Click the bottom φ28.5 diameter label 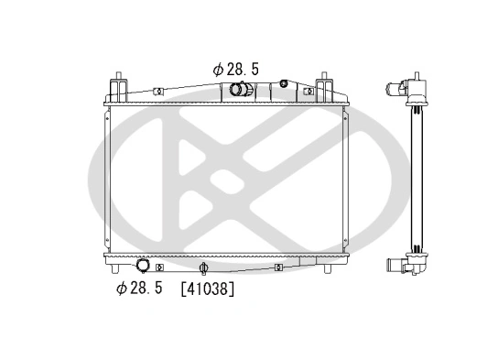pyautogui.click(x=139, y=289)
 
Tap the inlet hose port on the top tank pyautogui.click(x=241, y=90)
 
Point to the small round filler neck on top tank pyautogui.click(x=284, y=85)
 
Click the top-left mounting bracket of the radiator pyautogui.click(x=119, y=88)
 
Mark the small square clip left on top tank pyautogui.click(x=157, y=92)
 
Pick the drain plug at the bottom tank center pyautogui.click(x=204, y=268)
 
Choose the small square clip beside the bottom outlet pyautogui.click(x=159, y=267)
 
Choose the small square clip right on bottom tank pyautogui.click(x=277, y=267)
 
